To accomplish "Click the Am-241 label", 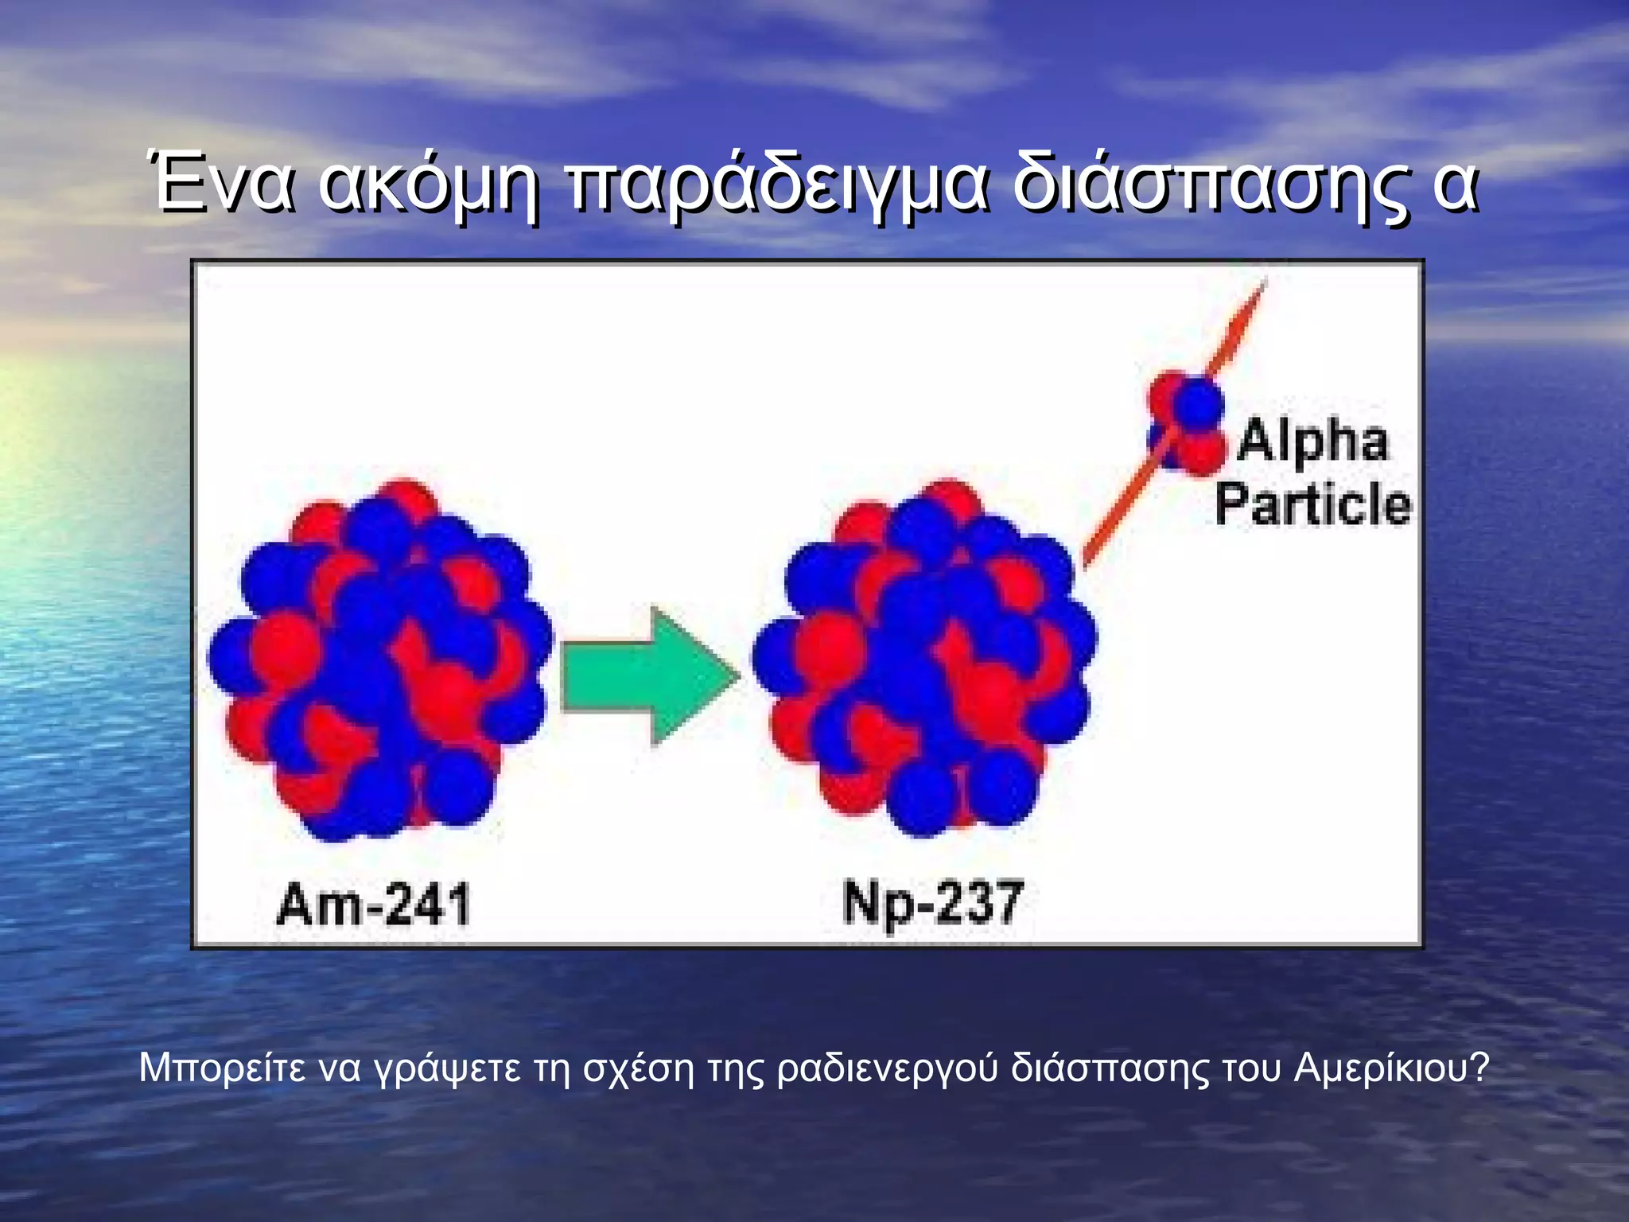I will click(x=373, y=905).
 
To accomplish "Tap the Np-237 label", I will click(x=932, y=903).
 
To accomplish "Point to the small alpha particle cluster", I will click(x=1186, y=422).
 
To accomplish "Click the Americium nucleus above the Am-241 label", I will click(x=379, y=660).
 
